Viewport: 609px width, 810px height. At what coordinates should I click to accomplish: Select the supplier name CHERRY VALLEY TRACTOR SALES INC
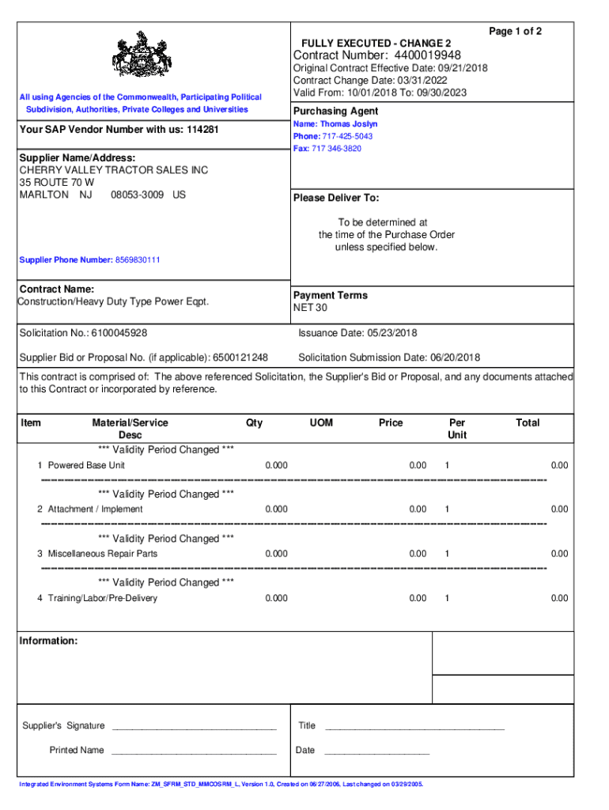coord(114,170)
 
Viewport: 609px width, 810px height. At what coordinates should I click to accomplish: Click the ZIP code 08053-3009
coord(138,195)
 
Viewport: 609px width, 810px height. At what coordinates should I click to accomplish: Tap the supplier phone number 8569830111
coord(138,259)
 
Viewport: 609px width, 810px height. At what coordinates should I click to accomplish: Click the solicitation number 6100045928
coord(119,333)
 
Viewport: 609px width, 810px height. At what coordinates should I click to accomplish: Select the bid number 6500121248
coord(240,358)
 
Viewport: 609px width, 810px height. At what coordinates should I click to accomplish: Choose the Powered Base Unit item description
coord(86,465)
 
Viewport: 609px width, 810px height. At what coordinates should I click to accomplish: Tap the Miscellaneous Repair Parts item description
coord(103,554)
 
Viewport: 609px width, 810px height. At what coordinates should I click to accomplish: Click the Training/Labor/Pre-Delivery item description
coord(103,598)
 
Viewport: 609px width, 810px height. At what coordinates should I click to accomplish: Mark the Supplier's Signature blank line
coord(194,727)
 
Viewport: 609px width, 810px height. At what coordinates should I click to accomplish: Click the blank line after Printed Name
coord(194,751)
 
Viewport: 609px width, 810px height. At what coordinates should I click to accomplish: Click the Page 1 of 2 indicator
coord(515,32)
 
